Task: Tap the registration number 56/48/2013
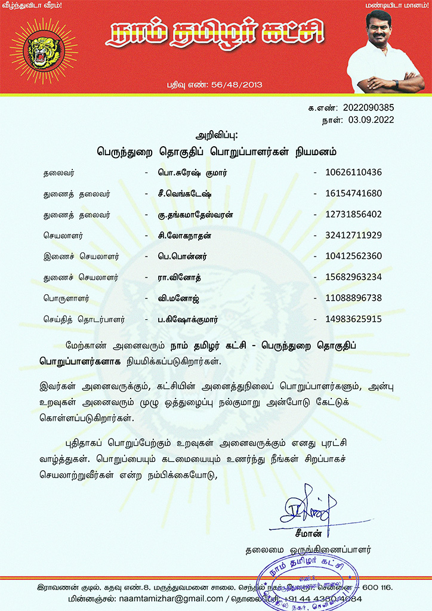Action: pos(239,85)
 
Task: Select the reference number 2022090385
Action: pos(368,109)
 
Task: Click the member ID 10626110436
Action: pos(353,172)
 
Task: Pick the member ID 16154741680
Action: pos(353,193)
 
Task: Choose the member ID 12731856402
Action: pos(353,214)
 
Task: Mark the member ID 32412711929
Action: pos(353,235)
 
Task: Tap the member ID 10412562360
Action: pos(353,256)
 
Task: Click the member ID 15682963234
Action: pos(353,277)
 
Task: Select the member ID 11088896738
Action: pos(353,298)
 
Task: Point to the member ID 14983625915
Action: pos(353,319)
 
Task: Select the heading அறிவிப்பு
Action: pos(216,136)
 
